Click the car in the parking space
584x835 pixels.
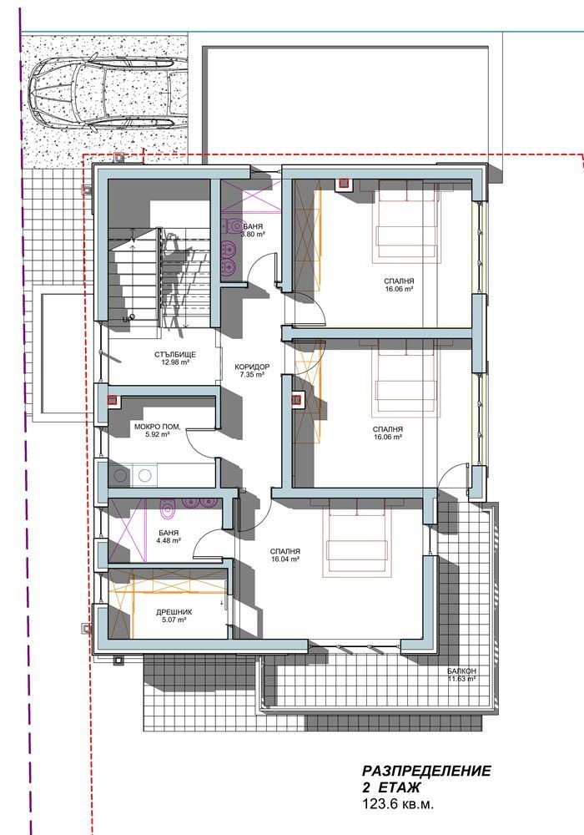[108, 96]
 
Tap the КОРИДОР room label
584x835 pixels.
[252, 367]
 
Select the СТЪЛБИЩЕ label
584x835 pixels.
[175, 354]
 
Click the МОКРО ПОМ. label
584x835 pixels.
[158, 427]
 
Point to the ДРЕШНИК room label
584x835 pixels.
[174, 612]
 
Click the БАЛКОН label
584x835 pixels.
[461, 671]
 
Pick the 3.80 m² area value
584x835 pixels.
[253, 235]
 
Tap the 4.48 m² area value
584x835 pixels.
[168, 540]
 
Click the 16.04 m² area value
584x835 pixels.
[285, 559]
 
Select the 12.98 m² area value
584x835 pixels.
[175, 362]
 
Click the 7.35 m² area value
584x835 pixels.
[252, 374]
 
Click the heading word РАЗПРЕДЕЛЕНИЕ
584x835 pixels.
[426, 771]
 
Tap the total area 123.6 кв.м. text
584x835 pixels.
[398, 804]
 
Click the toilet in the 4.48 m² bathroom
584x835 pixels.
[168, 509]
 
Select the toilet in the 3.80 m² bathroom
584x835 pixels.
[234, 225]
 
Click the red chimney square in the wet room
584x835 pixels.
[113, 401]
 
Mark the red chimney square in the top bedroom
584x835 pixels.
[344, 183]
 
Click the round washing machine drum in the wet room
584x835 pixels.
[118, 476]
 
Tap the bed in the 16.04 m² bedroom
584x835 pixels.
[357, 538]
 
